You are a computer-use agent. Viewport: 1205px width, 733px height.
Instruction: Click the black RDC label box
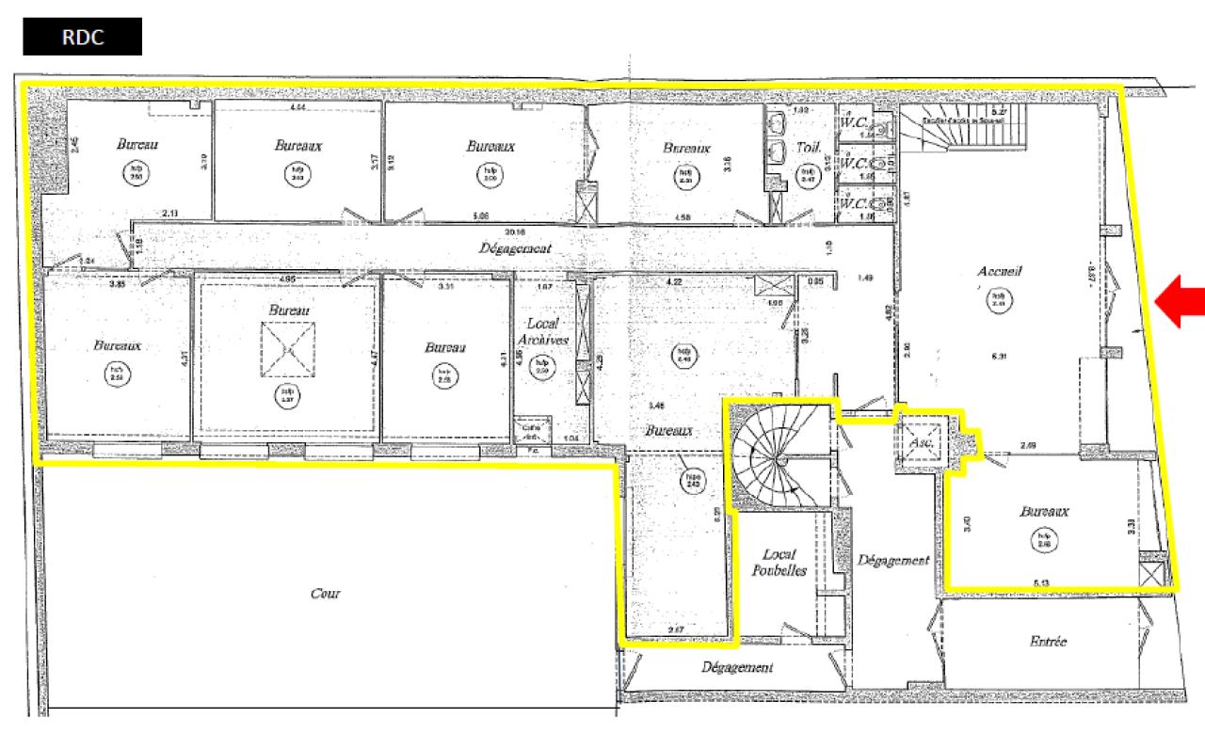83,40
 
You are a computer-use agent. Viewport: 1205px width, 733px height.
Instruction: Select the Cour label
325,594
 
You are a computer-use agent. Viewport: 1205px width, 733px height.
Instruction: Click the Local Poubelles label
779,562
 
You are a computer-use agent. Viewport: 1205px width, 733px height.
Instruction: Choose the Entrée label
1047,642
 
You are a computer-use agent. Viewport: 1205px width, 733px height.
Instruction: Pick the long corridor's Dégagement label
514,249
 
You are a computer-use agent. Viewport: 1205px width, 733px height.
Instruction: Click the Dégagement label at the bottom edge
737,667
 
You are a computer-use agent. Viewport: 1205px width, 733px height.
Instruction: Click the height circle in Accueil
995,299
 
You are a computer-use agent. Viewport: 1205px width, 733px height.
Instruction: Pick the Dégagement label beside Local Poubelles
893,560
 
